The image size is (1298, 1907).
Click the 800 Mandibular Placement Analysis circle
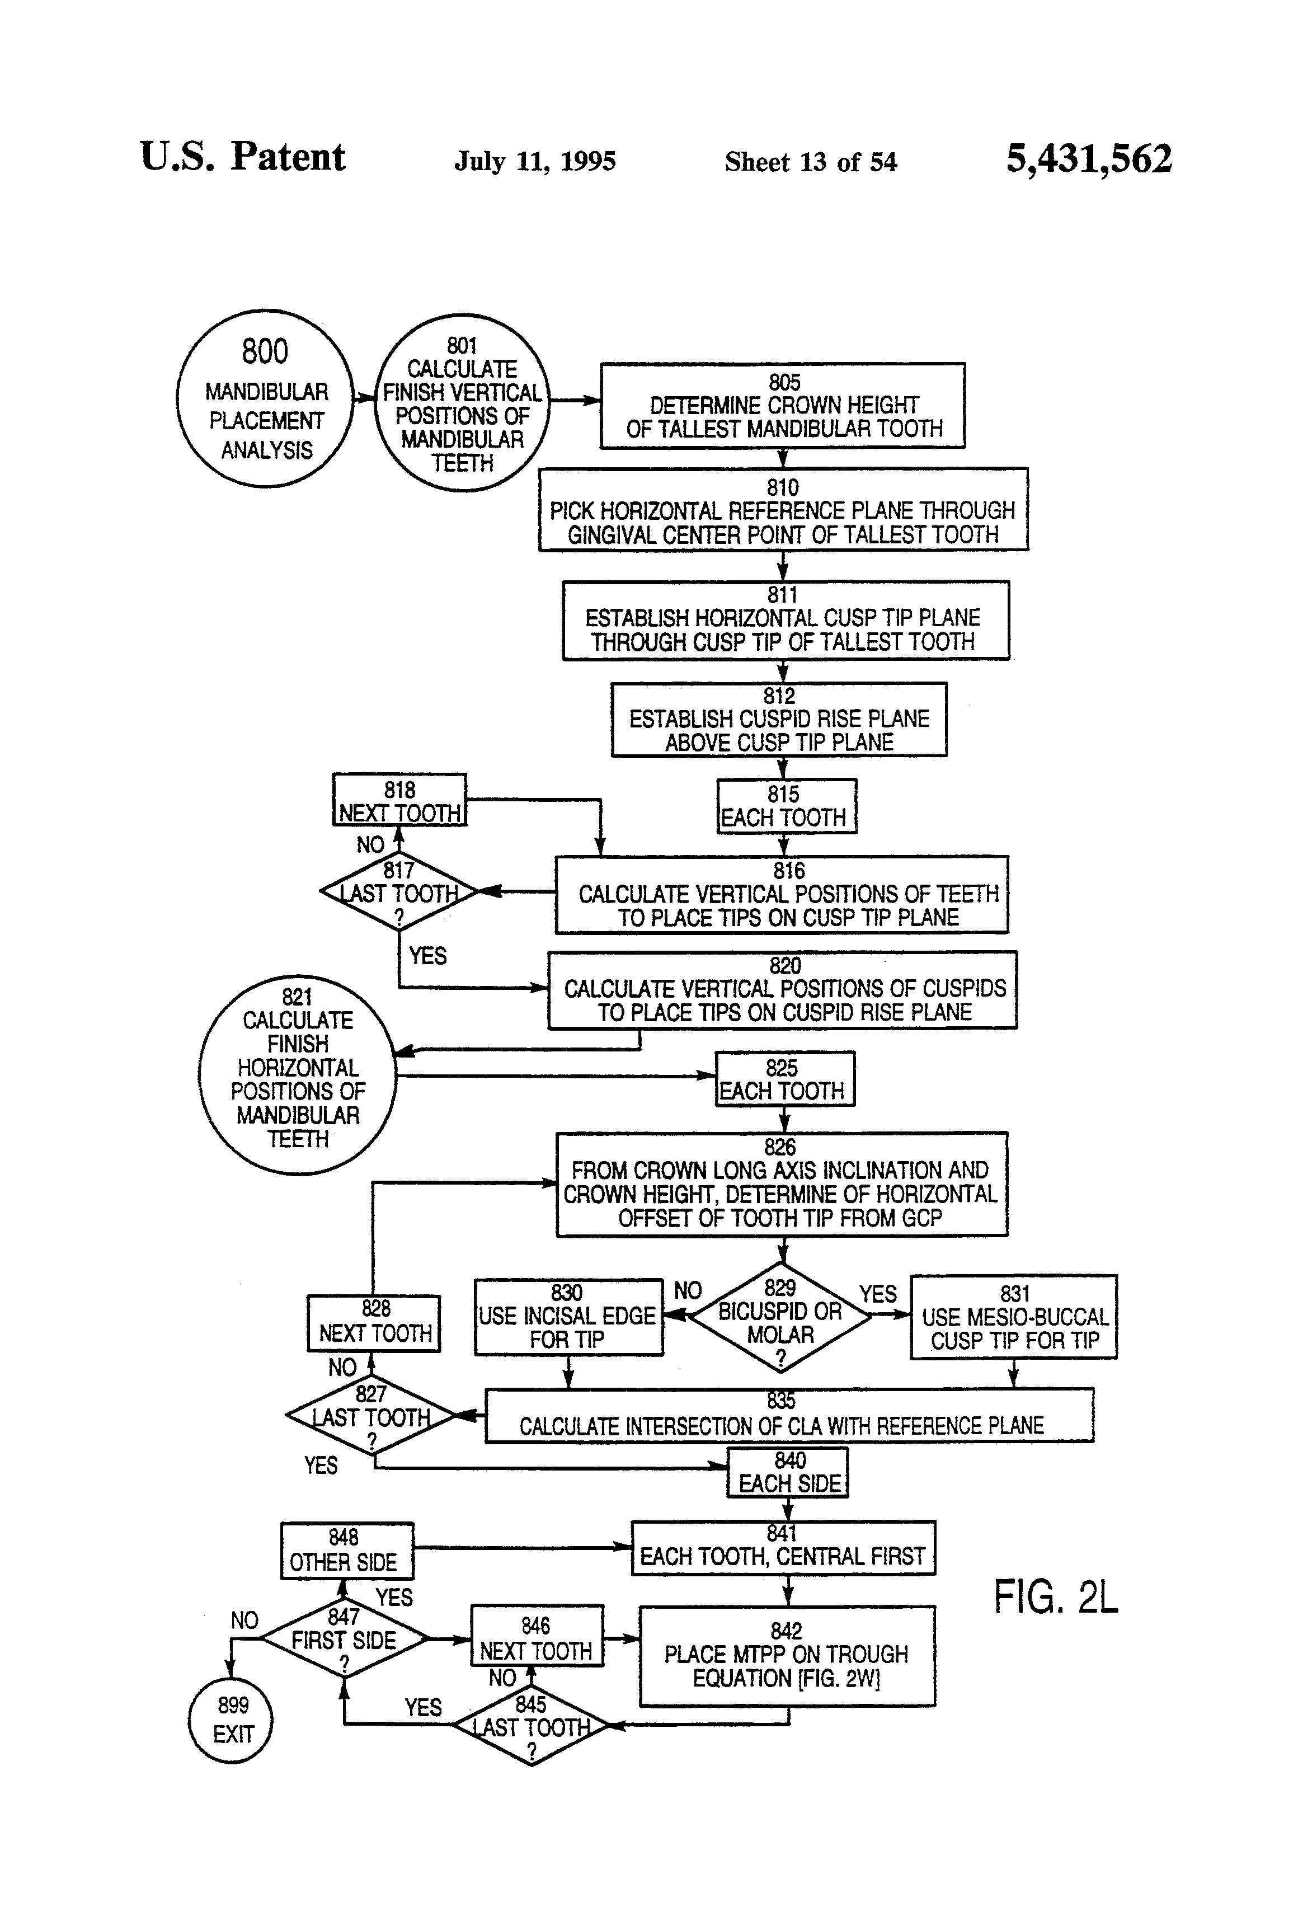(x=265, y=399)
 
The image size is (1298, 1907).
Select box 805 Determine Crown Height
(x=782, y=405)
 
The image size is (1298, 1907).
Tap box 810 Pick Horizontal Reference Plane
(x=783, y=510)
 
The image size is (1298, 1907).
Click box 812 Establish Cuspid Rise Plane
(x=779, y=720)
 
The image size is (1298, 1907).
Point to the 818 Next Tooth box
(x=399, y=800)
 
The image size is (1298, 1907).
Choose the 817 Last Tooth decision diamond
(x=399, y=892)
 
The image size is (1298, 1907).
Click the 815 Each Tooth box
(x=786, y=807)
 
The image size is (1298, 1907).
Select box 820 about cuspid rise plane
(x=783, y=990)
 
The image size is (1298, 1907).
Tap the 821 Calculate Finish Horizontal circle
(x=297, y=1075)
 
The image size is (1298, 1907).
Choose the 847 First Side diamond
(x=344, y=1638)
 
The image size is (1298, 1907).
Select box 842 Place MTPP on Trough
(x=787, y=1656)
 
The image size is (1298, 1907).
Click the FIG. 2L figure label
(x=1055, y=1598)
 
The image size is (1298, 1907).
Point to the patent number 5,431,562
(x=1089, y=158)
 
